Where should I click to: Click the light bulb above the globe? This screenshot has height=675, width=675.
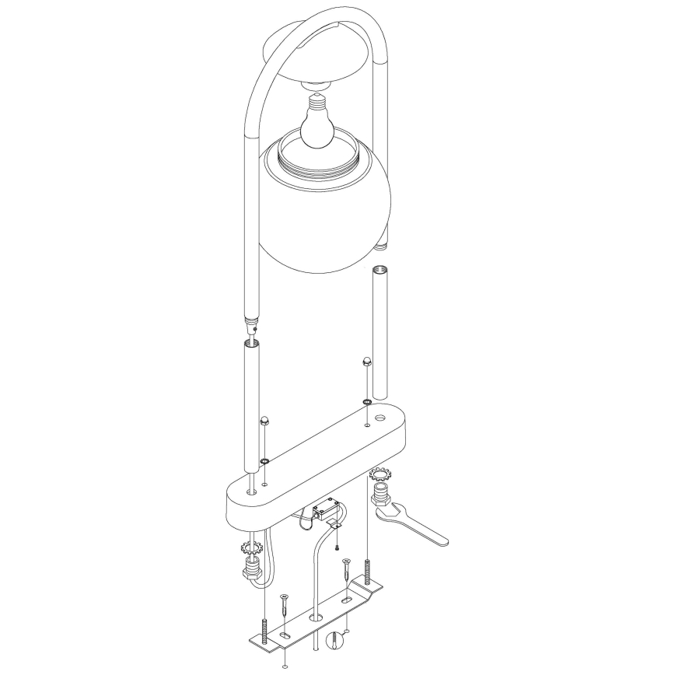[317, 127]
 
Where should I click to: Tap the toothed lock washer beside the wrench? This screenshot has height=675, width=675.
[380, 474]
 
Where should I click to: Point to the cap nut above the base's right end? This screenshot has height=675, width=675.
[365, 362]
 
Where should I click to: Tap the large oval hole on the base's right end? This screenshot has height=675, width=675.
[380, 418]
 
